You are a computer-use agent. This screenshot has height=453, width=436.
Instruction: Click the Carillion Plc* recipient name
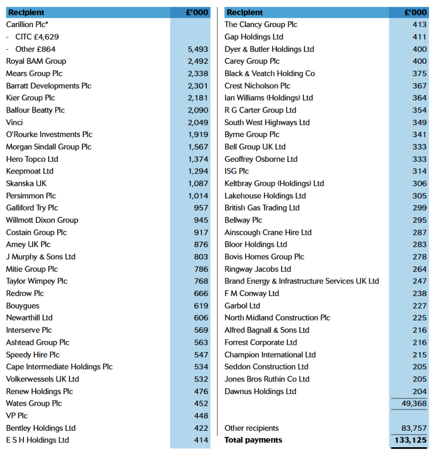click(27, 25)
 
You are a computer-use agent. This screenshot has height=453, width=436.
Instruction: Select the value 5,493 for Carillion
click(198, 49)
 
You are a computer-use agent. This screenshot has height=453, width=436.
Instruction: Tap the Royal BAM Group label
click(36, 61)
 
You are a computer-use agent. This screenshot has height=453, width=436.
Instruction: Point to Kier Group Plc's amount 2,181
click(198, 98)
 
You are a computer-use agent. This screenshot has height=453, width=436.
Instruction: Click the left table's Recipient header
click(26, 13)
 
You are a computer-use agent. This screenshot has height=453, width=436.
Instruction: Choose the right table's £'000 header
click(415, 13)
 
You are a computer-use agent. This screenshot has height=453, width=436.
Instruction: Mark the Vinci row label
click(14, 123)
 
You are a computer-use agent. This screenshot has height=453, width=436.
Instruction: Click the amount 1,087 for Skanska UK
click(198, 184)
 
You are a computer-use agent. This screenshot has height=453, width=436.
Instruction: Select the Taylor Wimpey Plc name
click(37, 281)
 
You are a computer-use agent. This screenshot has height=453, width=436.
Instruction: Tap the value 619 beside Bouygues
click(201, 306)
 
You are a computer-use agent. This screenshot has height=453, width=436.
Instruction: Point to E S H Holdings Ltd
click(38, 440)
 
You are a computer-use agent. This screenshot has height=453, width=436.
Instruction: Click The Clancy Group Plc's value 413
click(420, 25)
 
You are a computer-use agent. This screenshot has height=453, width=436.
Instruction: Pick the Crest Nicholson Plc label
click(258, 86)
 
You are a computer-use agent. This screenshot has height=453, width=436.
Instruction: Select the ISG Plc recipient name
click(237, 171)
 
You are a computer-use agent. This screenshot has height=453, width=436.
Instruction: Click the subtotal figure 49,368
click(414, 404)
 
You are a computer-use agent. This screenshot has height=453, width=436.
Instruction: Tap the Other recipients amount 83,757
click(414, 428)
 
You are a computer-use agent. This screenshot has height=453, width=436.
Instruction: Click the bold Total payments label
click(253, 440)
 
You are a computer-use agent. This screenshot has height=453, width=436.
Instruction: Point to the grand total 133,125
click(410, 440)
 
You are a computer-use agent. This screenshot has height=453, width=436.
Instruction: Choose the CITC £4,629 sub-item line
click(37, 37)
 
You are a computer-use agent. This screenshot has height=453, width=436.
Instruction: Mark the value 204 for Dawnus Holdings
click(420, 392)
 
